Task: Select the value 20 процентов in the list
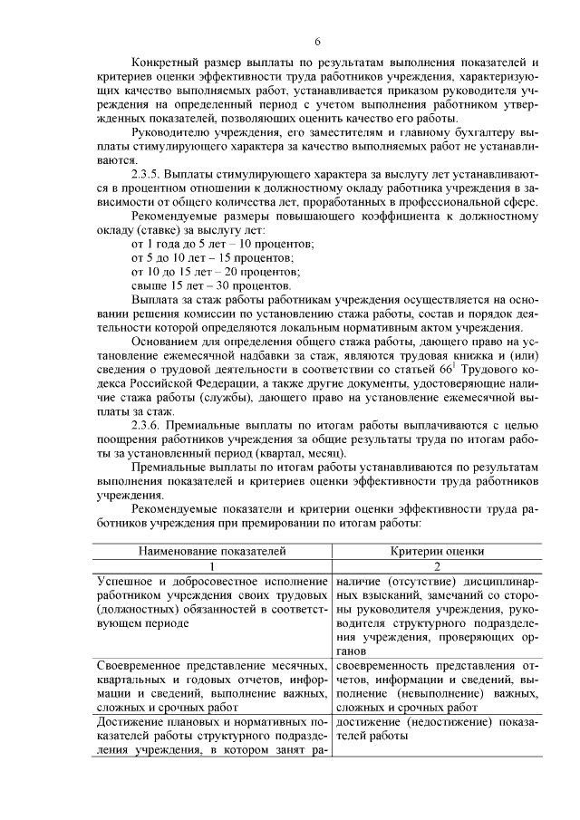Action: tap(288, 271)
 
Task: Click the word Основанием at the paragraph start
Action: tap(168, 341)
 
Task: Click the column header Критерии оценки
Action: tap(438, 550)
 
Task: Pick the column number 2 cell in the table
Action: tap(438, 564)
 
